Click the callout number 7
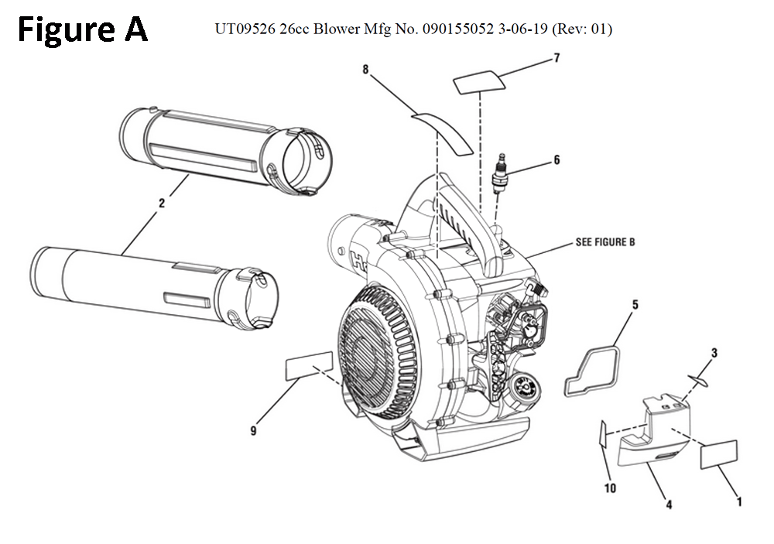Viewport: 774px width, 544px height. [556, 58]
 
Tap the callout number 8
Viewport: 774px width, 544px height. [365, 70]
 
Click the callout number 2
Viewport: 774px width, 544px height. [162, 204]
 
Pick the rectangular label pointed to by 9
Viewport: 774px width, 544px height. [310, 365]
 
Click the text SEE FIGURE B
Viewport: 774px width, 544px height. [604, 242]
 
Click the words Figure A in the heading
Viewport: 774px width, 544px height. [82, 29]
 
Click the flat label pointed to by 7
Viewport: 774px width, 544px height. [480, 80]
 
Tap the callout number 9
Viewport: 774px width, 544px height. [253, 431]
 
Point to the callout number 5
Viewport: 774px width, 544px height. [635, 305]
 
